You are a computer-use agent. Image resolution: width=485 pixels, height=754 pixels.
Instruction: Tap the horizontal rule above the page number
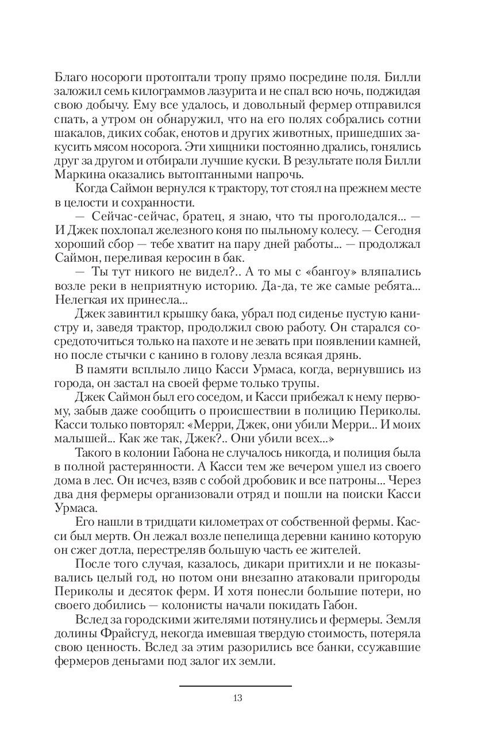(x=236, y=686)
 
